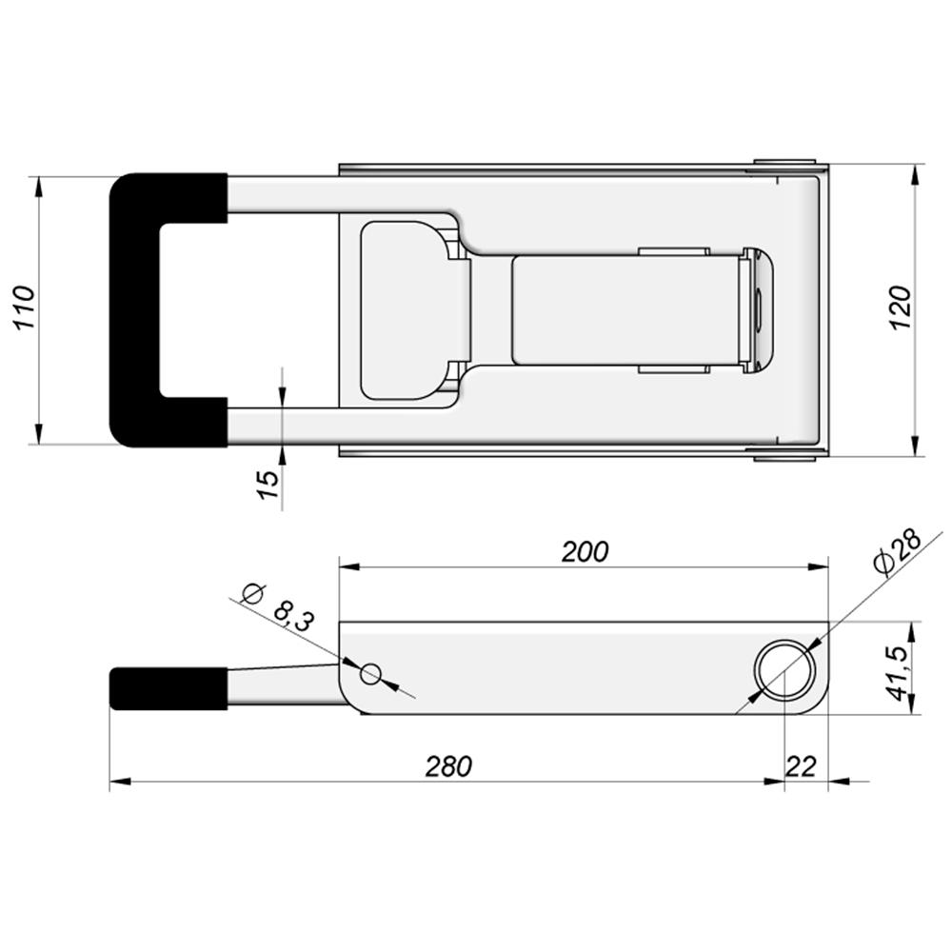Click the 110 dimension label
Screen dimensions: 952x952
(x=25, y=307)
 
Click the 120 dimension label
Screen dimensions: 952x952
(x=901, y=307)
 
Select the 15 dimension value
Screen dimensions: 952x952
(x=268, y=485)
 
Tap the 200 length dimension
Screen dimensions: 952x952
(x=585, y=552)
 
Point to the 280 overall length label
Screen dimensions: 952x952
(x=448, y=766)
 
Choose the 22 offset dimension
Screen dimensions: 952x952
(x=802, y=766)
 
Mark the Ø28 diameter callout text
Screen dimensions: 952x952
(x=898, y=553)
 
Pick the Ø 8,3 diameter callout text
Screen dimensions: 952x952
(x=278, y=607)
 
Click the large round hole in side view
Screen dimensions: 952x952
(x=784, y=670)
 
